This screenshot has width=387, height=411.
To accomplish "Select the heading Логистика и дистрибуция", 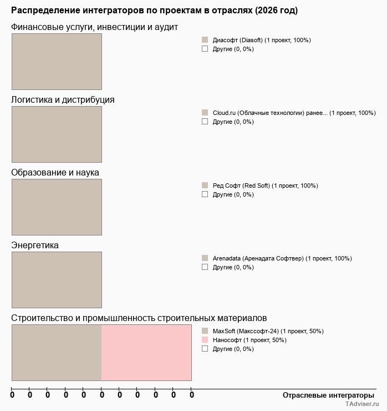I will click(x=63, y=100).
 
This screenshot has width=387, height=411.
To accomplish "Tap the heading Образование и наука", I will click(x=55, y=173).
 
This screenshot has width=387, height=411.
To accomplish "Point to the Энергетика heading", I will click(x=35, y=245).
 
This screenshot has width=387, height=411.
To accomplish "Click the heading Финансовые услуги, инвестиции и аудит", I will click(x=94, y=27).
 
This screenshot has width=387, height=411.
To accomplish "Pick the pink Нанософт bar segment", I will click(x=146, y=353).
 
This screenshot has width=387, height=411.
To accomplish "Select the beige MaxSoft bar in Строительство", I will click(x=57, y=353).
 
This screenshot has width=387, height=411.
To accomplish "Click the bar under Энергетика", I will click(x=57, y=280).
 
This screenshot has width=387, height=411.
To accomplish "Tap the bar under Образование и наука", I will click(x=57, y=207).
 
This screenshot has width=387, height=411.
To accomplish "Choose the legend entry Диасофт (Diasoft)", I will click(x=262, y=40).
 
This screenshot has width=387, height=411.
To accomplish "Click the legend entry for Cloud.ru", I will click(x=294, y=113).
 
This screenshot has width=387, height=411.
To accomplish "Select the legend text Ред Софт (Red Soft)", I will click(x=265, y=186).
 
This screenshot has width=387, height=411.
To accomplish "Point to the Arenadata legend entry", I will click(x=282, y=258).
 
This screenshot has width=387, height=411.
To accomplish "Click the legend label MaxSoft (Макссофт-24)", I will click(x=268, y=331).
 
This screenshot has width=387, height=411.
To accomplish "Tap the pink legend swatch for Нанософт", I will click(x=205, y=340).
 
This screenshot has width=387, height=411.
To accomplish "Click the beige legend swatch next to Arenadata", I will click(x=205, y=258).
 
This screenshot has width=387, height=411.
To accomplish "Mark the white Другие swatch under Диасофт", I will click(x=205, y=49).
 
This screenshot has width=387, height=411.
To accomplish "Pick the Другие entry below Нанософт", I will click(x=233, y=349).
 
